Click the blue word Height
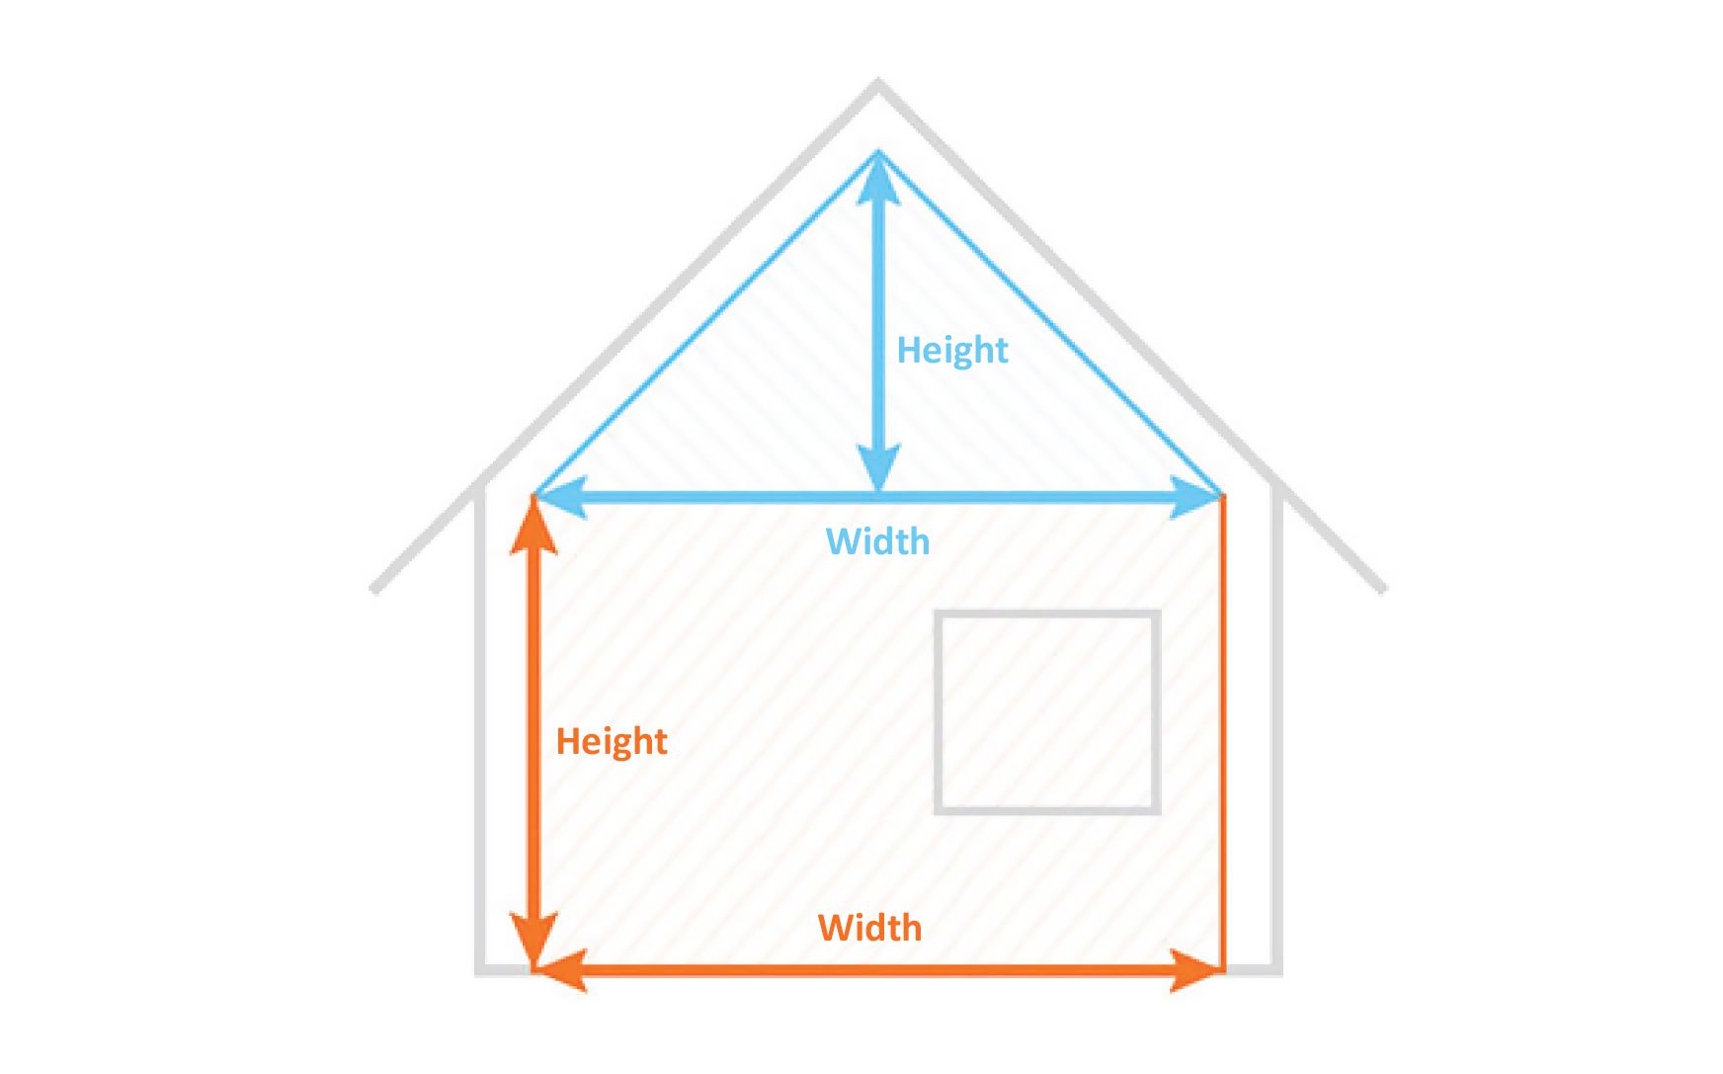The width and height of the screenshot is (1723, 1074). tap(951, 351)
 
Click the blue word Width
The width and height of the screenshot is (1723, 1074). tap(877, 541)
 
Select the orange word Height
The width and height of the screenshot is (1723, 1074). tap(612, 741)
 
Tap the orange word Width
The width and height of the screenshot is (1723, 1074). tap(869, 928)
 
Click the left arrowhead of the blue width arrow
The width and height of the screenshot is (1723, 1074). tap(559, 497)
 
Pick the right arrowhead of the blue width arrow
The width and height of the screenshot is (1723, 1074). tap(1195, 497)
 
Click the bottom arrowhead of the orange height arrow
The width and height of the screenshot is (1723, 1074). tap(534, 939)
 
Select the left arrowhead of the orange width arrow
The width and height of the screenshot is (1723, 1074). tap(561, 969)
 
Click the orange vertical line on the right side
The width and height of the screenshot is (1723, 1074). tap(1223, 731)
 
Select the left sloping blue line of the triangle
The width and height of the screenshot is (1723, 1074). tap(706, 323)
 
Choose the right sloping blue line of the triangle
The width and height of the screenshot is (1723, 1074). tap(1050, 323)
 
